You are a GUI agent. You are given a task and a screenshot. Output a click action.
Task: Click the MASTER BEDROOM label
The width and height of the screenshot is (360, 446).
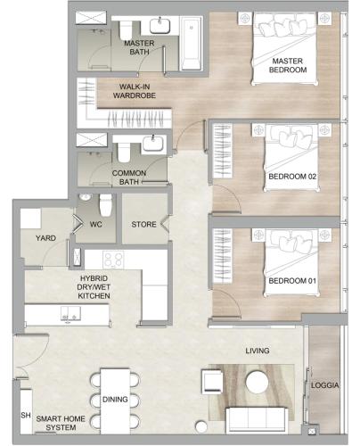tap(288, 65)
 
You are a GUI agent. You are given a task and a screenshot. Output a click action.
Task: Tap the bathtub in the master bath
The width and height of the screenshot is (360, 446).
tap(192, 44)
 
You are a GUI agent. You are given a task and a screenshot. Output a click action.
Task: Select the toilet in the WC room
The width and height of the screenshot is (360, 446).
tap(105, 205)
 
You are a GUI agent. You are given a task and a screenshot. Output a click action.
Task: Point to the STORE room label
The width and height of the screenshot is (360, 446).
tap(143, 224)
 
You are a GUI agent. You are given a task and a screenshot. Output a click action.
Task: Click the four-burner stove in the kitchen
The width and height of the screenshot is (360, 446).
tap(113, 260)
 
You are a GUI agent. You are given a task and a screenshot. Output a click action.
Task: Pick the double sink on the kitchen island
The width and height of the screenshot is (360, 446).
tap(70, 313)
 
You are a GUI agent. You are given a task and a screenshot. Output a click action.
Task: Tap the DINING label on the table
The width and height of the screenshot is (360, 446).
tap(115, 400)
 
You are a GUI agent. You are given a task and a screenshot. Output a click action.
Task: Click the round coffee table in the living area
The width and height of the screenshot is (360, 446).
tap(258, 382)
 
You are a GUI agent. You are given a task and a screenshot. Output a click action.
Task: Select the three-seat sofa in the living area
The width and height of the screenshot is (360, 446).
tap(257, 420)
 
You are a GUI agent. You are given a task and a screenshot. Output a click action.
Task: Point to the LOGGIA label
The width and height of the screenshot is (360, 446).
tap(325, 385)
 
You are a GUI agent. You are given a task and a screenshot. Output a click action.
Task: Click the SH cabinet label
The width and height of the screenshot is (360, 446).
tap(26, 416)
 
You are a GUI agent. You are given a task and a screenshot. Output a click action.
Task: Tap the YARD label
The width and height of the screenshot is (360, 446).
tap(45, 238)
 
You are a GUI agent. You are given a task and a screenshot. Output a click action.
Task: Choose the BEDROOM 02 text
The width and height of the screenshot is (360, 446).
tap(292, 177)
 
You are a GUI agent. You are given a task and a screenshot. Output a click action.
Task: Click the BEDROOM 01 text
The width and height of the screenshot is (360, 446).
tap(292, 281)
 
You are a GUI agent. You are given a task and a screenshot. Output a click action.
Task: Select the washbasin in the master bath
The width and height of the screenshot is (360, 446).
tap(160, 26)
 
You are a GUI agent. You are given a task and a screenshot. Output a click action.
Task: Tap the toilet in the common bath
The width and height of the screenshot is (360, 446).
tap(124, 152)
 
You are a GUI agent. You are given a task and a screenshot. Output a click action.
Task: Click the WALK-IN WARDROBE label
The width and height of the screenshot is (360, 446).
tap(135, 91)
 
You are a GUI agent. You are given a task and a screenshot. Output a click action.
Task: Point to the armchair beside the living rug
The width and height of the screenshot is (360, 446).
tap(212, 381)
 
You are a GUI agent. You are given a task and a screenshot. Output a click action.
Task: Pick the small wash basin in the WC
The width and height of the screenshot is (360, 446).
tap(86, 197)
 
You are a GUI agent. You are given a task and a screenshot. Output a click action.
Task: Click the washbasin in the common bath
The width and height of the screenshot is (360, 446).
tap(153, 144)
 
